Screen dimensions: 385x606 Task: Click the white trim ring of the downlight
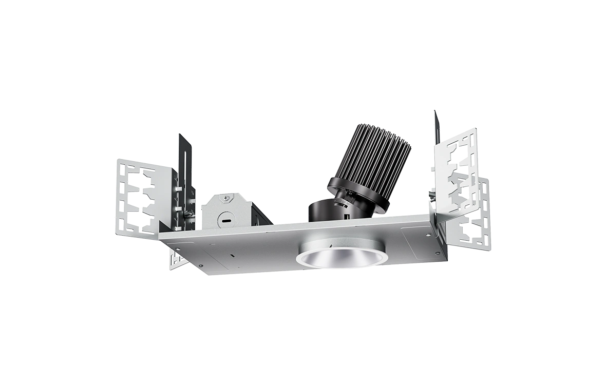(340, 260)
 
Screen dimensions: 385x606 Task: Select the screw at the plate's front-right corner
(437, 253)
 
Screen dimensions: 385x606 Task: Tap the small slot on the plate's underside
(232, 255)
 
